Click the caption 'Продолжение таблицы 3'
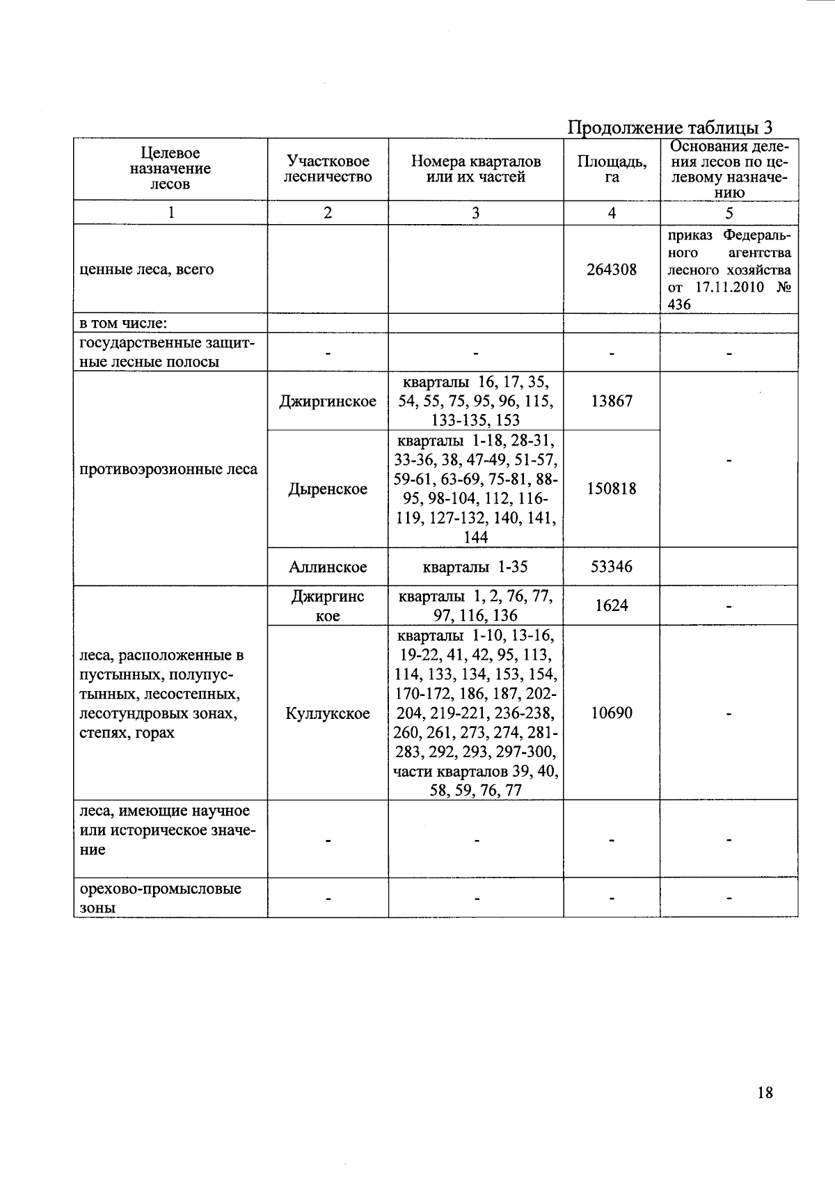(670, 127)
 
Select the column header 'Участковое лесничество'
(328, 169)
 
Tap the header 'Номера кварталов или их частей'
(475, 169)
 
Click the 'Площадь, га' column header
(612, 169)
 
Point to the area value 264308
(611, 269)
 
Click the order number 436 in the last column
(679, 304)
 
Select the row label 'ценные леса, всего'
(147, 269)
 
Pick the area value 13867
(611, 401)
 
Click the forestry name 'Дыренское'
(328, 489)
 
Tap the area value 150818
(611, 489)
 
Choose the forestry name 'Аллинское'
(328, 567)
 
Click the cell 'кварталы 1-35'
(475, 566)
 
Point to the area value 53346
(611, 566)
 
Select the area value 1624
(611, 605)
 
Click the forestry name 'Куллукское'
(328, 713)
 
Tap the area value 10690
(611, 713)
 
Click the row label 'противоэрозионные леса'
(168, 469)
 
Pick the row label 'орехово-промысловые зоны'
(160, 898)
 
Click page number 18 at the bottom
(764, 1093)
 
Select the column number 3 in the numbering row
(475, 213)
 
